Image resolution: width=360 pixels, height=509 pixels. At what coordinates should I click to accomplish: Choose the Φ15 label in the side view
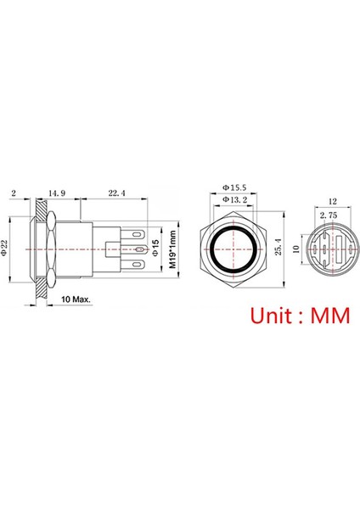155,249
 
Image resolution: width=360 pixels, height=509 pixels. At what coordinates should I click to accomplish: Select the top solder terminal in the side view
136,231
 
